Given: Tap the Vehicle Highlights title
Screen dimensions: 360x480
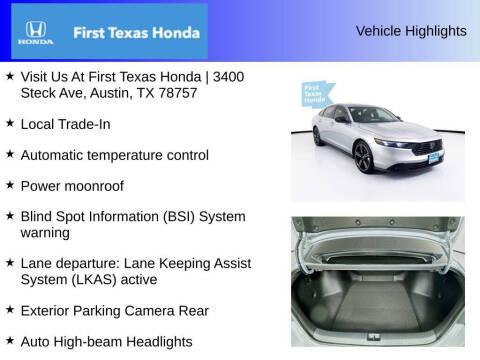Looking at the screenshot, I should click(411, 31).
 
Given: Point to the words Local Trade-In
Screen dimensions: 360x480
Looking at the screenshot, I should click(65, 124).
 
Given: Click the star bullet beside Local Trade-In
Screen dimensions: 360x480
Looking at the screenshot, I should click(10, 123).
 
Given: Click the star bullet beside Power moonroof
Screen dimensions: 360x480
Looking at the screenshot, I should click(10, 185).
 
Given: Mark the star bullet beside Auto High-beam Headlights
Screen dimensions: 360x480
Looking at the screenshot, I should click(10, 340).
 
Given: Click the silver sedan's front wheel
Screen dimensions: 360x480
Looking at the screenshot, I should click(363, 158).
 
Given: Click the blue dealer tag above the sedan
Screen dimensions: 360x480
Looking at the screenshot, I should click(315, 95).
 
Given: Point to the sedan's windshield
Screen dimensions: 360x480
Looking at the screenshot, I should click(376, 116).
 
